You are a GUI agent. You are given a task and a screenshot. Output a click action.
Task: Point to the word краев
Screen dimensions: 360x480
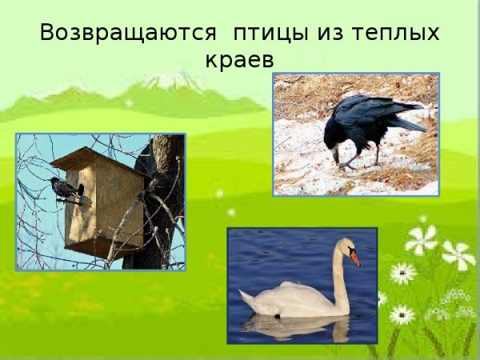(239, 60)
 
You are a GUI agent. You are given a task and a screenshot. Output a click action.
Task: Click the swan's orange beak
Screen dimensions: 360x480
(354, 258)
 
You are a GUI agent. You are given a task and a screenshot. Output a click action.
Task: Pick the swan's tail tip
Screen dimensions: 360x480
(244, 298)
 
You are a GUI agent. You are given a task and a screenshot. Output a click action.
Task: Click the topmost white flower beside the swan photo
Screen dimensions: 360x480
(421, 238)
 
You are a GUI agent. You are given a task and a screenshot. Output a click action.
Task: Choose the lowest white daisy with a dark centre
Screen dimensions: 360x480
(402, 314)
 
